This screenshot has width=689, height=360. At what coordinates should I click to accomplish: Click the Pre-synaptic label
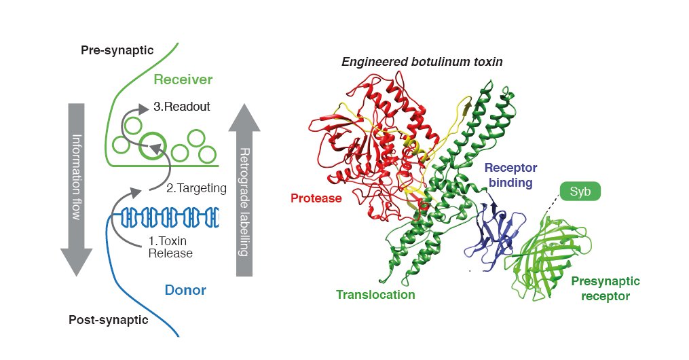tap(117, 50)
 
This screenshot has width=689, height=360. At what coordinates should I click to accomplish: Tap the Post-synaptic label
tap(108, 319)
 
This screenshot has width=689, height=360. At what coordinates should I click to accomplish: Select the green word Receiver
tap(183, 79)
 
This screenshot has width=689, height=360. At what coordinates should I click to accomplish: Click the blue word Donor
tap(185, 291)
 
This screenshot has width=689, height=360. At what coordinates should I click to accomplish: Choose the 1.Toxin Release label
tap(170, 247)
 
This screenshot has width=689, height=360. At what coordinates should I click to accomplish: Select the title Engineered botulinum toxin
tap(422, 62)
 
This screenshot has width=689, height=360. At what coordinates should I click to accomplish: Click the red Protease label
tap(316, 198)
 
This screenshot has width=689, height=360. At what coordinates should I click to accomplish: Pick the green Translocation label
tap(375, 295)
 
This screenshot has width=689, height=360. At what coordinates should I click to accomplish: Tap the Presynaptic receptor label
tap(606, 288)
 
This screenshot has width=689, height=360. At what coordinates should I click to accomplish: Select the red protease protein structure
tap(367, 149)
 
